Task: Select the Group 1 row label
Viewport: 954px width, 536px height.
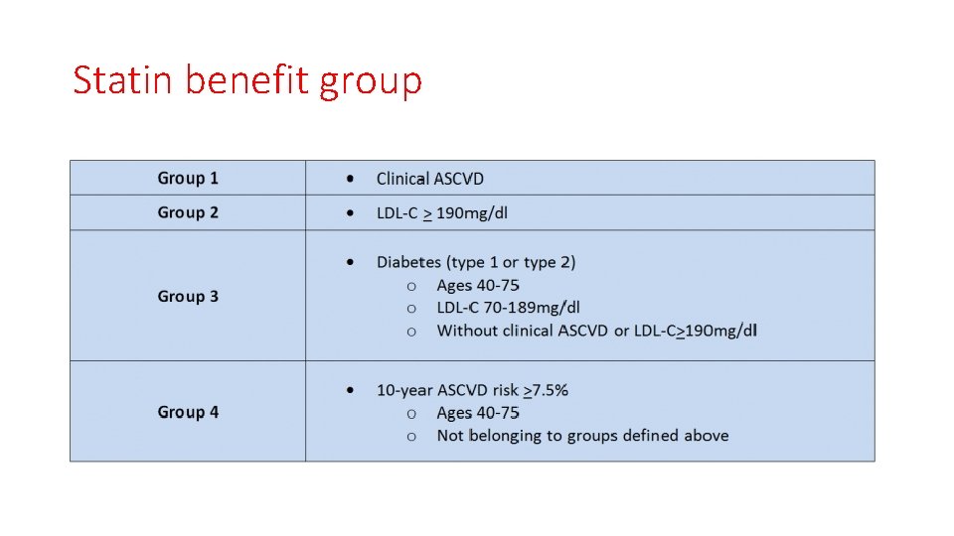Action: click(188, 179)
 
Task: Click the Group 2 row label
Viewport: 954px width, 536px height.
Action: click(188, 212)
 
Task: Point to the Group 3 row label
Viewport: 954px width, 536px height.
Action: click(188, 296)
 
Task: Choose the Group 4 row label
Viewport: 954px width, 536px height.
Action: click(188, 412)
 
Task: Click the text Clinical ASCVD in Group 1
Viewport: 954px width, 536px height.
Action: click(430, 179)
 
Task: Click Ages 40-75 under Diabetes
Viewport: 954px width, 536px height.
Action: click(478, 286)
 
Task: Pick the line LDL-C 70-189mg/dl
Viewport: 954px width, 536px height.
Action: click(509, 308)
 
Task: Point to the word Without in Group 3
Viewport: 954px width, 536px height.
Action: click(468, 331)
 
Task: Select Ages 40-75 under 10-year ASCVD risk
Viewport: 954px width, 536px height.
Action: click(478, 413)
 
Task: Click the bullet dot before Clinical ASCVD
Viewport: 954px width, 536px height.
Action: click(350, 179)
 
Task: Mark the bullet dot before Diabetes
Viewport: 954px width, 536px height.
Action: click(350, 262)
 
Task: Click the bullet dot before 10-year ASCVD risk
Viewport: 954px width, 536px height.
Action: click(350, 390)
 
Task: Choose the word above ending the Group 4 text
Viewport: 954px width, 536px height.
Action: click(706, 436)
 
